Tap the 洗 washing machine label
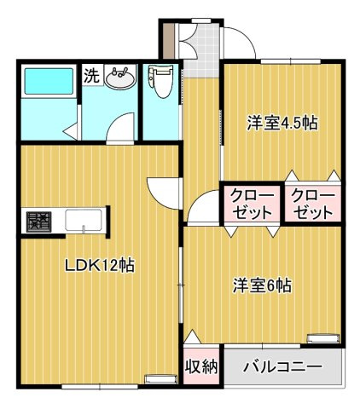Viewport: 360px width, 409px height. pyautogui.click(x=90, y=75)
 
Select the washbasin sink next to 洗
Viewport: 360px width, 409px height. pyautogui.click(x=120, y=79)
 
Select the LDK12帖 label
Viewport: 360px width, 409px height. pyautogui.click(x=100, y=264)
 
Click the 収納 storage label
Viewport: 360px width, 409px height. pyautogui.click(x=201, y=367)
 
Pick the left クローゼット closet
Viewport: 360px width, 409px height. pyautogui.click(x=251, y=204)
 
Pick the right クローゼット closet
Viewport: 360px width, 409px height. pyautogui.click(x=313, y=204)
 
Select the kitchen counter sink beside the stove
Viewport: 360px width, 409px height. pyautogui.click(x=84, y=222)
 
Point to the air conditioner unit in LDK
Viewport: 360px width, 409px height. pyautogui.click(x=159, y=378)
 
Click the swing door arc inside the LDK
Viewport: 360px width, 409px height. pyautogui.click(x=164, y=191)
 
